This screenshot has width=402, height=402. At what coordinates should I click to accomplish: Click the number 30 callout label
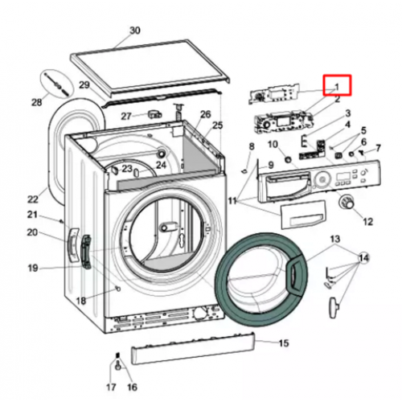pyautogui.click(x=135, y=31)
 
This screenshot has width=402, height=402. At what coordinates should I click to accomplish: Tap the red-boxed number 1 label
pyautogui.click(x=337, y=87)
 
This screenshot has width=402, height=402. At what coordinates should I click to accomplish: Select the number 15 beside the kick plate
pyautogui.click(x=284, y=343)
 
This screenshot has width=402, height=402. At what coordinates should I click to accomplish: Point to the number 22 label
pyautogui.click(x=33, y=199)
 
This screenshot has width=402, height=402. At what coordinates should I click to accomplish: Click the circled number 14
pyautogui.click(x=363, y=258)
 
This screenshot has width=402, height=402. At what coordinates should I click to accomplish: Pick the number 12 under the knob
pyautogui.click(x=367, y=222)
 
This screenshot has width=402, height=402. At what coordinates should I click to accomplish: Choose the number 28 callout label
pyautogui.click(x=37, y=102)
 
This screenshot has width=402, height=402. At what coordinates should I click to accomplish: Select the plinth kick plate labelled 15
pyautogui.click(x=192, y=348)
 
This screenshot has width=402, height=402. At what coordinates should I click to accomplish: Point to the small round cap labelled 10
pyautogui.click(x=288, y=159)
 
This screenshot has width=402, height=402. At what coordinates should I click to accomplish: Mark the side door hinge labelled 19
pyautogui.click(x=86, y=252)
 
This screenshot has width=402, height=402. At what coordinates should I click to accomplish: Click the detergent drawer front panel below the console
pyautogui.click(x=303, y=215)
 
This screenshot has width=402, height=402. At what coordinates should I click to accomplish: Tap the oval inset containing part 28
pyautogui.click(x=57, y=83)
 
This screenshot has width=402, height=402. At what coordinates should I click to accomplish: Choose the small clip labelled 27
pyautogui.click(x=155, y=114)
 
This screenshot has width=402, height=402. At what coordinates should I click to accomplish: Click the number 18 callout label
pyautogui.click(x=81, y=301)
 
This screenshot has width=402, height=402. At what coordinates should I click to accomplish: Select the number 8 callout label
pyautogui.click(x=252, y=146)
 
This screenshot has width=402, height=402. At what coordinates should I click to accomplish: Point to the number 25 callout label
pyautogui.click(x=217, y=125)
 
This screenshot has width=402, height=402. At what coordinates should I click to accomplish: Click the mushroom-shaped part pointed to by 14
pyautogui.click(x=334, y=307)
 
